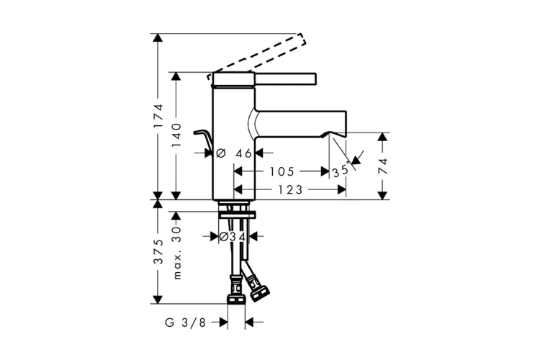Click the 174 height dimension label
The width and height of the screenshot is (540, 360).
[x=158, y=116]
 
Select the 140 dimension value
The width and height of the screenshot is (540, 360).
[x=176, y=135]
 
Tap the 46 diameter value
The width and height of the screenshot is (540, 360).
[x=244, y=153]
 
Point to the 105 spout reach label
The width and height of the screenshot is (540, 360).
[x=282, y=171]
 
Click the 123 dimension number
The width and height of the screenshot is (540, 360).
[x=290, y=189]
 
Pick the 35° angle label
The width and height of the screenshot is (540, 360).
[x=341, y=171]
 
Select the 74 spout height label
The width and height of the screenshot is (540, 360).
[x=382, y=166]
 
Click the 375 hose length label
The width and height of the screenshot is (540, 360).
[x=158, y=251]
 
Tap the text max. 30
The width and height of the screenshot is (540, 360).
[x=176, y=253]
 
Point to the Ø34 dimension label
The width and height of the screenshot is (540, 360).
[x=233, y=237]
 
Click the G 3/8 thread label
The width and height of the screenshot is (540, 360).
[x=185, y=323]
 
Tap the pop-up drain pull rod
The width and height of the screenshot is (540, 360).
[x=203, y=140]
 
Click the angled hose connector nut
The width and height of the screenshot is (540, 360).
[x=258, y=292]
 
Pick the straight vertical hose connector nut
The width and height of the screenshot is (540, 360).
[x=236, y=295]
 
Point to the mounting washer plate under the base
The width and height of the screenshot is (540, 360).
[x=238, y=215]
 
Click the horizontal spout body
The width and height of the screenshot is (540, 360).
[x=300, y=124]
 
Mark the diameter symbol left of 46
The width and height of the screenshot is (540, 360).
[x=221, y=153]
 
